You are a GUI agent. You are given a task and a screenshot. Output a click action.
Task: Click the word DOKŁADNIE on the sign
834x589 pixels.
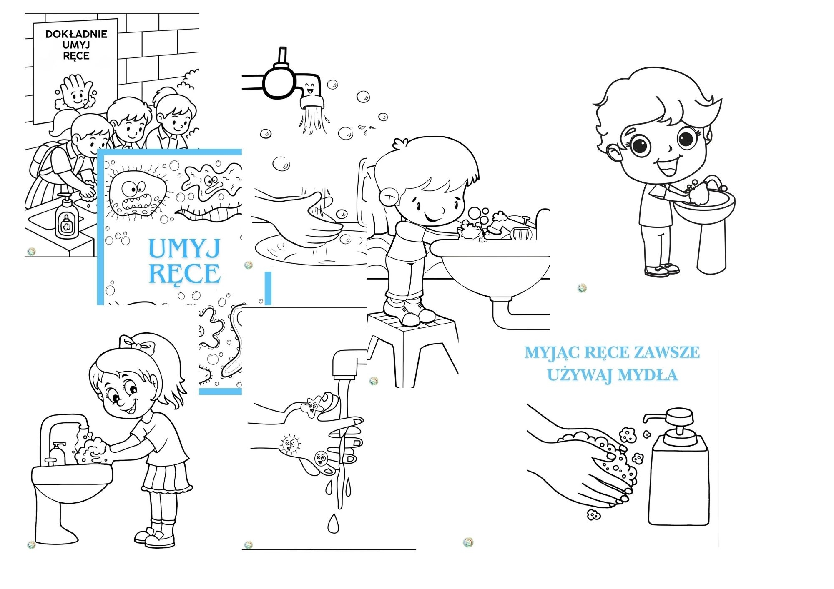(76, 34)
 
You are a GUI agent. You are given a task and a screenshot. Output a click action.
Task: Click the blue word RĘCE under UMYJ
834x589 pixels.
(184, 274)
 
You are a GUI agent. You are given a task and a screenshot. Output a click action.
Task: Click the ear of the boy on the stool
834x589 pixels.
(389, 196)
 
